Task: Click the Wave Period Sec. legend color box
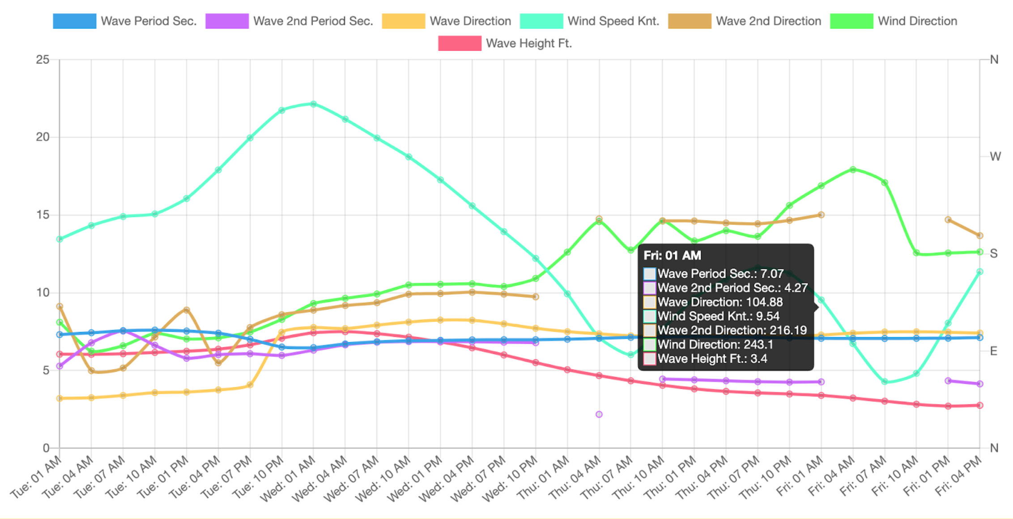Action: (x=74, y=21)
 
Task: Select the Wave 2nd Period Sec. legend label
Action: (x=313, y=21)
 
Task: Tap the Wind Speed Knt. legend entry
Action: (x=613, y=21)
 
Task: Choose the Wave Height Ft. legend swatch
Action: (x=460, y=43)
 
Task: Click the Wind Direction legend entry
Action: (x=917, y=21)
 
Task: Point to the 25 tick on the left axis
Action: (x=43, y=60)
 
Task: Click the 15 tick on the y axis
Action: (x=43, y=215)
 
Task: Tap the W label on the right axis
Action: (x=995, y=157)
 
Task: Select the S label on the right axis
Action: (x=994, y=254)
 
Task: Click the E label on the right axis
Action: (x=994, y=351)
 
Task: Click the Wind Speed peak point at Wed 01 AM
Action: (x=313, y=104)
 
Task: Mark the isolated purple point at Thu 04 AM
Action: (x=599, y=414)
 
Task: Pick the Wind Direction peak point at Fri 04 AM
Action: (x=853, y=170)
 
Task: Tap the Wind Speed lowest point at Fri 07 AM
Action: (x=885, y=382)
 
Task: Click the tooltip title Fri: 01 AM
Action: (x=672, y=255)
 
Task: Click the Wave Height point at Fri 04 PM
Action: (x=980, y=405)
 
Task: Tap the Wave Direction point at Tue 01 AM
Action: (x=60, y=398)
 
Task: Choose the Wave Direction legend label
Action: (x=470, y=21)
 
